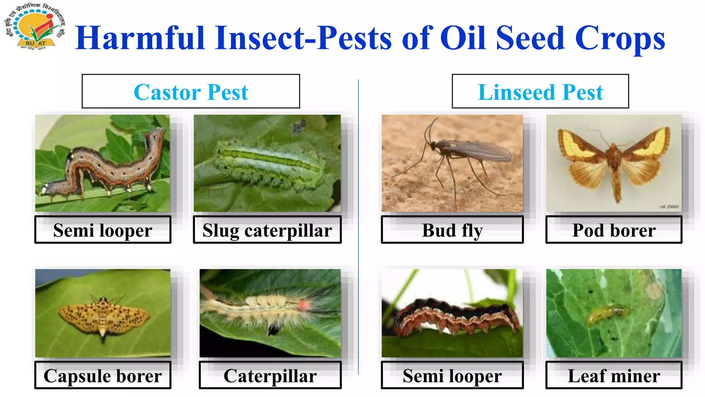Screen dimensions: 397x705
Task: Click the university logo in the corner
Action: [34, 29]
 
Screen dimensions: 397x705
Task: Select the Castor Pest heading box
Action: [191, 91]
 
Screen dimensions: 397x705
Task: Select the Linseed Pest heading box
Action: [540, 91]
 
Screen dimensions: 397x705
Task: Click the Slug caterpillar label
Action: [267, 230]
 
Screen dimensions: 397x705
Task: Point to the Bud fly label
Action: [452, 230]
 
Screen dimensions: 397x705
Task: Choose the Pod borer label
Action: [614, 230]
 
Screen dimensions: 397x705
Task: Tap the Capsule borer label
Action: [103, 375]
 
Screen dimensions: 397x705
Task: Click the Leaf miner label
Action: [614, 375]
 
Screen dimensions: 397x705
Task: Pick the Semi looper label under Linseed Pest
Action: [452, 375]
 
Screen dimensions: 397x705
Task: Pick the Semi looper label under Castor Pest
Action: [103, 230]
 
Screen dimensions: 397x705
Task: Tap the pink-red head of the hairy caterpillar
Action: [303, 305]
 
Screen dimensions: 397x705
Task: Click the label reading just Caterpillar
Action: [270, 375]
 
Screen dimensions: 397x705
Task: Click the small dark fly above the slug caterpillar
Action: [299, 126]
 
